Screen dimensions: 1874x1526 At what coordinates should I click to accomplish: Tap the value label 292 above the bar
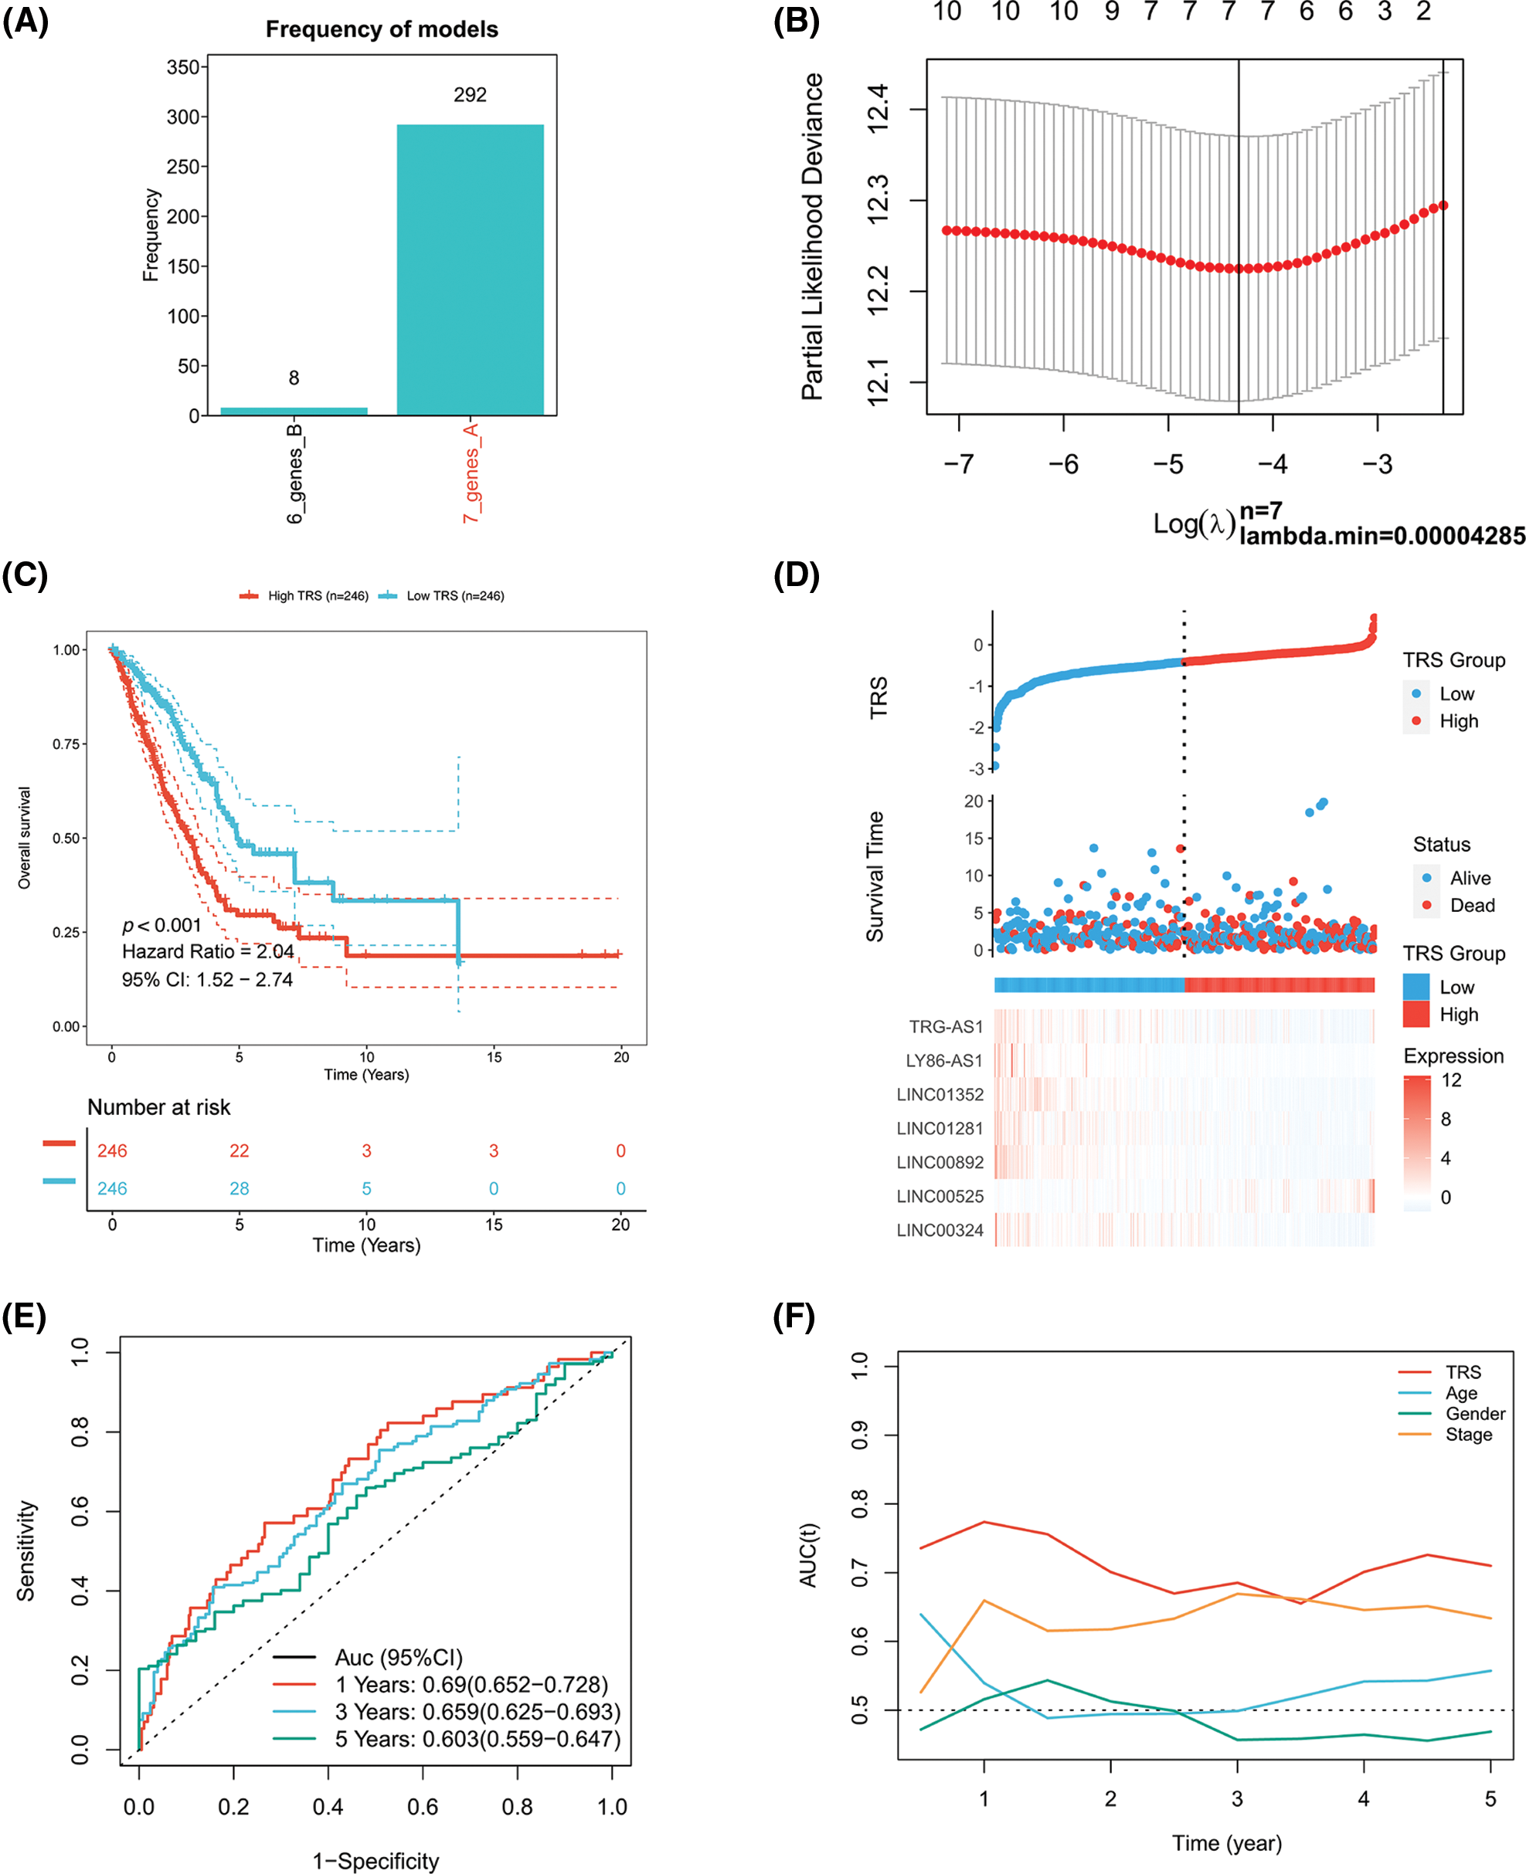point(470,95)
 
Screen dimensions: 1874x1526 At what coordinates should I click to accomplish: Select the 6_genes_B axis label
point(294,473)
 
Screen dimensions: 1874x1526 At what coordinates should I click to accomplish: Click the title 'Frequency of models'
point(382,30)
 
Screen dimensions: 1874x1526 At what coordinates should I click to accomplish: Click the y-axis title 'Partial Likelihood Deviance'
point(812,236)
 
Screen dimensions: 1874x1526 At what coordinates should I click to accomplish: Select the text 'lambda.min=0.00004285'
point(1382,536)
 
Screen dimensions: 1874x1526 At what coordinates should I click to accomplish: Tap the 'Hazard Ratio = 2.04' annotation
point(207,951)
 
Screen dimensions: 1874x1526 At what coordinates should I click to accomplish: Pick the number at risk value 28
point(239,1188)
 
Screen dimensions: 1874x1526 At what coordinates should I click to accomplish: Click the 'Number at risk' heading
point(158,1107)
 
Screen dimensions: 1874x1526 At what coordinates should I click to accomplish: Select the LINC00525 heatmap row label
point(940,1196)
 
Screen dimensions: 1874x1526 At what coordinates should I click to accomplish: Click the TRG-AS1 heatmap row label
point(946,1026)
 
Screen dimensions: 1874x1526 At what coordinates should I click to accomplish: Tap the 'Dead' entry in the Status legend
point(1471,905)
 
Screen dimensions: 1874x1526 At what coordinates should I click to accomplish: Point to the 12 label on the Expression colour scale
point(1451,1079)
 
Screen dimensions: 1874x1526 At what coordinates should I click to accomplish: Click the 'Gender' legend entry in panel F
point(1475,1414)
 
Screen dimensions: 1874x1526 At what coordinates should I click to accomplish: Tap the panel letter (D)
point(796,574)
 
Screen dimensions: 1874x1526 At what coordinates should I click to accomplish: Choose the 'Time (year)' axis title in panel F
point(1226,1843)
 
